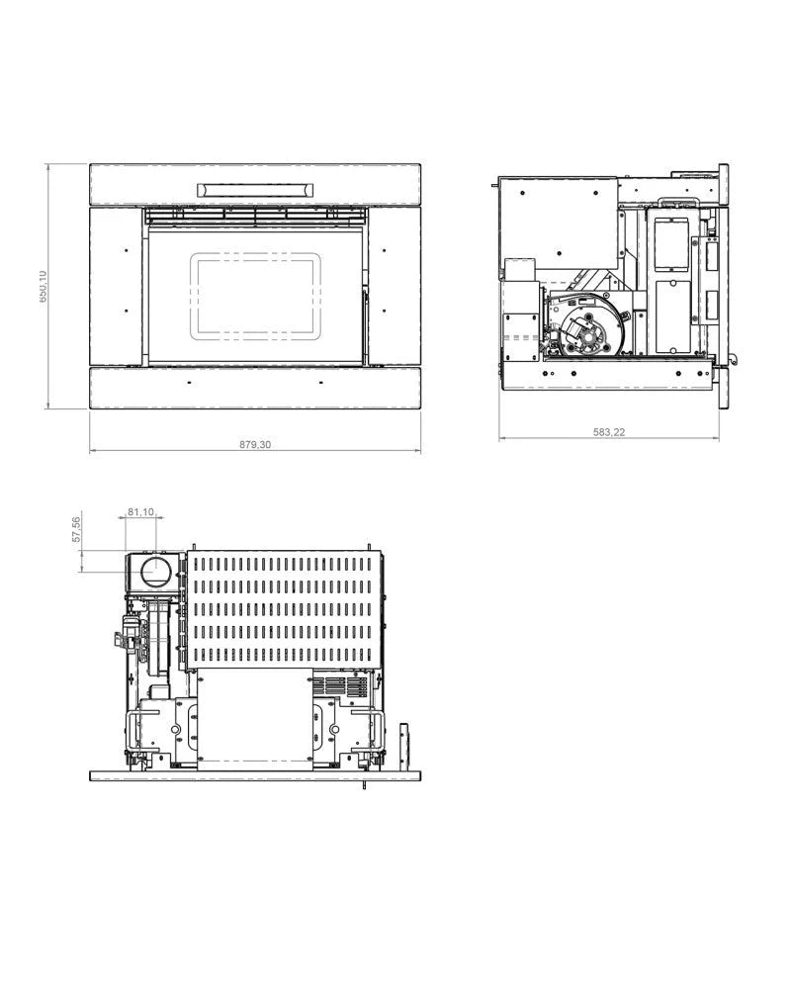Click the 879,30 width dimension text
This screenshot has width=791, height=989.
click(255, 445)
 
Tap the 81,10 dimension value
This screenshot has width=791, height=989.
click(141, 512)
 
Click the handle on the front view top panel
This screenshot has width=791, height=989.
click(256, 189)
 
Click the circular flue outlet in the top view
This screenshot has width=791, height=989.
click(153, 571)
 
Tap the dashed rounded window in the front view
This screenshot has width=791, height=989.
click(256, 293)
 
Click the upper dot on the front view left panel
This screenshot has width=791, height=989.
click(128, 249)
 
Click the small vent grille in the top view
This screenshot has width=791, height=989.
click(338, 685)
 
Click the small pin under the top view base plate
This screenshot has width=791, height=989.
click(366, 786)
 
